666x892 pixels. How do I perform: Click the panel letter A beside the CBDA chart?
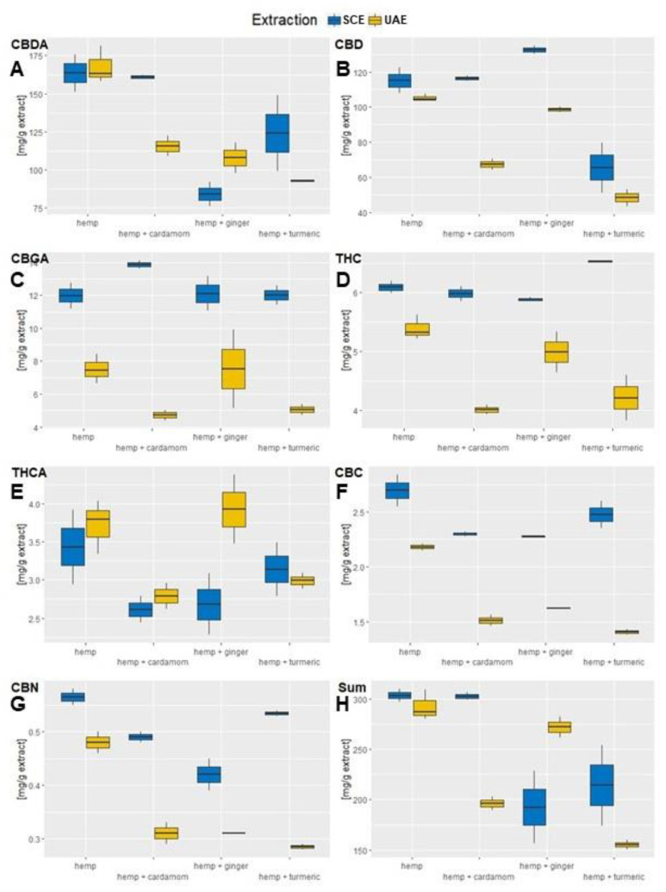click(16, 70)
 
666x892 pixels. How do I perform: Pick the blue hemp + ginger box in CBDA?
click(209, 194)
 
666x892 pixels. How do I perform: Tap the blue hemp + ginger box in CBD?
click(534, 50)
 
